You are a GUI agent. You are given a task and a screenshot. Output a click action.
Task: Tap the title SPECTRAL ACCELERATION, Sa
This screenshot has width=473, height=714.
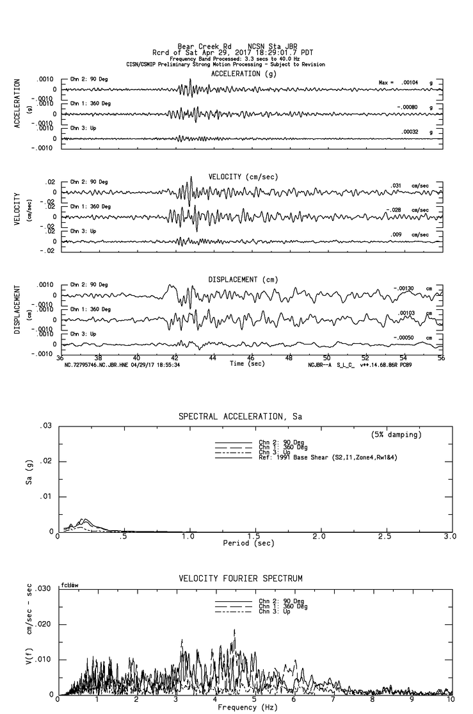[x=240, y=417]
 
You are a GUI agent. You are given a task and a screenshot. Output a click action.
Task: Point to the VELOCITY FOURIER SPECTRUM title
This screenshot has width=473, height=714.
[x=240, y=579]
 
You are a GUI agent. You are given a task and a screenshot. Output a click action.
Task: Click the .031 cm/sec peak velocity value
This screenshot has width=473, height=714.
[x=397, y=186]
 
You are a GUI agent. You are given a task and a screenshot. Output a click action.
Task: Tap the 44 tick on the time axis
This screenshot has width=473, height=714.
[x=212, y=358]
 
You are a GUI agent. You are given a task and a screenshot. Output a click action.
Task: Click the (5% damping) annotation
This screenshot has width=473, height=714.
[x=396, y=435]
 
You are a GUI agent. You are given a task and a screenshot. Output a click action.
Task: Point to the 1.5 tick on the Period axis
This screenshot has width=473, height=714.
[x=253, y=537]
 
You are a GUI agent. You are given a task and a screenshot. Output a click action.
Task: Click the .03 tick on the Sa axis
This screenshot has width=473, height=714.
[x=45, y=426]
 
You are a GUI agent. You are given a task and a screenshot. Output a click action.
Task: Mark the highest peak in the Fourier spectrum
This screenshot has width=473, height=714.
[x=234, y=629]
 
